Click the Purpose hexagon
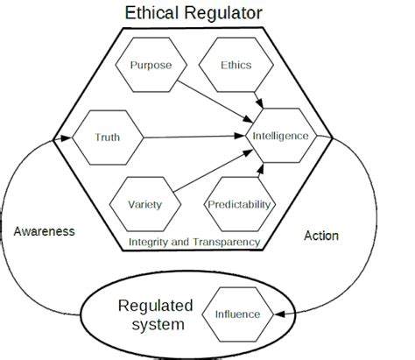(x=151, y=65)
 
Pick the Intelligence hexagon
(x=279, y=137)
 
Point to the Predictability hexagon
(x=239, y=205)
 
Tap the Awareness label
(x=45, y=231)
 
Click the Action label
(x=320, y=236)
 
